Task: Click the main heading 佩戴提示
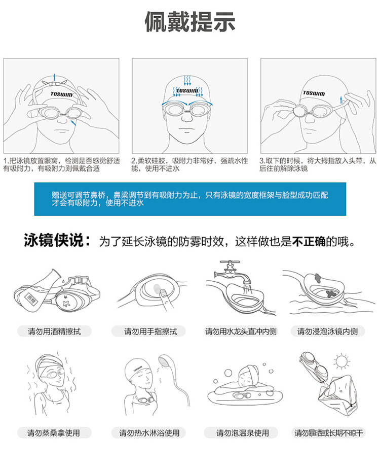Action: (x=189, y=23)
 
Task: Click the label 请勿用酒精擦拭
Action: (x=54, y=331)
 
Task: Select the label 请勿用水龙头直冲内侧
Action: (x=241, y=331)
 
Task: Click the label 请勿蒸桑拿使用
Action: (x=54, y=433)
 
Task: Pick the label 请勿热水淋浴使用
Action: (x=149, y=433)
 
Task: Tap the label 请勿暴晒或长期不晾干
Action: (x=329, y=433)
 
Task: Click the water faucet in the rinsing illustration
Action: (x=233, y=269)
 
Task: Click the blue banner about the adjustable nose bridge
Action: (x=189, y=198)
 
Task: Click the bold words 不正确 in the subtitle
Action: (x=309, y=241)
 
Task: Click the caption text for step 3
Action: (x=318, y=164)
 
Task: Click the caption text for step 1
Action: (x=61, y=164)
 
